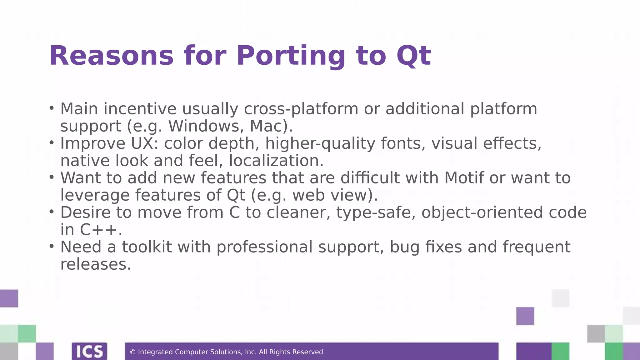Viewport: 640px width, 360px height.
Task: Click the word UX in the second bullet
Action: (142, 143)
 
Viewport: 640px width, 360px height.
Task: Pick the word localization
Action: (276, 161)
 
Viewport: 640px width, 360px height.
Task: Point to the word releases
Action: (95, 264)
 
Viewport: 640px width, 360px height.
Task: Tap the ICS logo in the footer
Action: (89, 352)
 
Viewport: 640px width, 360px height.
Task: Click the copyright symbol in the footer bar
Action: (132, 352)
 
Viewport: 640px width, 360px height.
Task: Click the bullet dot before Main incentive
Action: (52, 108)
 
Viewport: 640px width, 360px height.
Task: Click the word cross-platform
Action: (301, 109)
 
